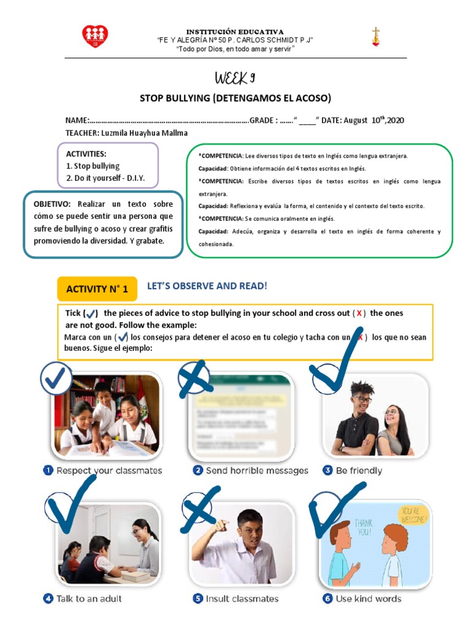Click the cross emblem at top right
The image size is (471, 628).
(375, 37)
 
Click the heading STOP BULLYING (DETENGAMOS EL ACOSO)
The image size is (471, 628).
(235, 98)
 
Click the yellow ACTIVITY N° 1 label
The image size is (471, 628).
(97, 289)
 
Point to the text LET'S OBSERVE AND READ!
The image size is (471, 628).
(207, 286)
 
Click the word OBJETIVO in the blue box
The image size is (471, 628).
(52, 204)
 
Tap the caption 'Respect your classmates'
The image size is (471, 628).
(109, 470)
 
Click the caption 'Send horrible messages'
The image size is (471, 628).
(256, 470)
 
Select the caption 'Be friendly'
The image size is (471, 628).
(359, 470)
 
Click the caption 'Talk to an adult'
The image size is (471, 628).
(89, 599)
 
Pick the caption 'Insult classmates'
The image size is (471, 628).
(242, 599)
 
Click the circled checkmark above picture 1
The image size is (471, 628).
(57, 378)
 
